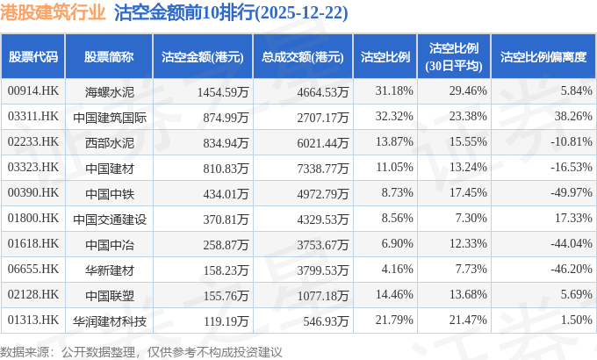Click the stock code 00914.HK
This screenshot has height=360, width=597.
(x=32, y=90)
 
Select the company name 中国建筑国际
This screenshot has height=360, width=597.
(x=109, y=116)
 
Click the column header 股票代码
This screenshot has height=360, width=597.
(x=33, y=57)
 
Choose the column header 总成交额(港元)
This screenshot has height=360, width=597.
(x=302, y=57)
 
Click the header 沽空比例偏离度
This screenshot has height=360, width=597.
(x=543, y=57)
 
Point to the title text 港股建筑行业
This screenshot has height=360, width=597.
(x=54, y=13)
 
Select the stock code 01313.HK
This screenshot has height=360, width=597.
(x=32, y=320)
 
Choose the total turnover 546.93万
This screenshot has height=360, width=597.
(x=320, y=320)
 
